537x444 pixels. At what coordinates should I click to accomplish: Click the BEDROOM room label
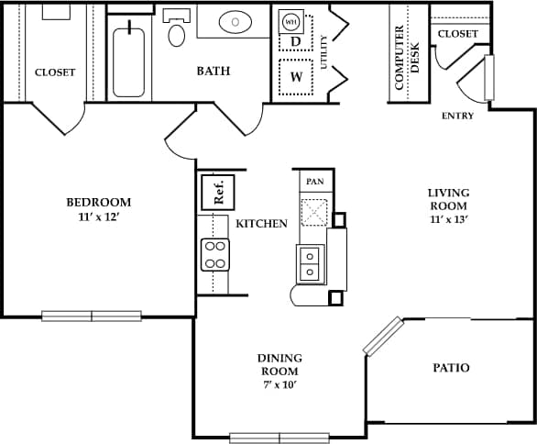pyautogui.click(x=98, y=202)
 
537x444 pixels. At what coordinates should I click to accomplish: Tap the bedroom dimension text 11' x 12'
pyautogui.click(x=98, y=217)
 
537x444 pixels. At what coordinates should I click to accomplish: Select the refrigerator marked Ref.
pyautogui.click(x=219, y=193)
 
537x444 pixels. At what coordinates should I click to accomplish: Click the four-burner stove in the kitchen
pyautogui.click(x=214, y=255)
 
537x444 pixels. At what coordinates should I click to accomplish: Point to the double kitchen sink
pyautogui.click(x=311, y=263)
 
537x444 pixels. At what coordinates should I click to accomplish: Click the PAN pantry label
pyautogui.click(x=314, y=182)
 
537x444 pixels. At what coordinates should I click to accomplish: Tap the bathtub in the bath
pyautogui.click(x=128, y=61)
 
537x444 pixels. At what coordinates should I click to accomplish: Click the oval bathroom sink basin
pyautogui.click(x=237, y=21)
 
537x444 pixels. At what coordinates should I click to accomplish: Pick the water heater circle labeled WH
pyautogui.click(x=290, y=21)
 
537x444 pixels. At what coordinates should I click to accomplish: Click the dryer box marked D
pyautogui.click(x=295, y=41)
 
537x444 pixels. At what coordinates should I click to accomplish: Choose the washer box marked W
pyautogui.click(x=295, y=77)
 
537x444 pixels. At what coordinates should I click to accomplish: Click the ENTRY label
pyautogui.click(x=457, y=116)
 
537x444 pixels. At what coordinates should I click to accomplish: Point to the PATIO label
pyautogui.click(x=451, y=368)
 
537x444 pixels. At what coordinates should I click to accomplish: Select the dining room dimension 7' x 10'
pyautogui.click(x=279, y=385)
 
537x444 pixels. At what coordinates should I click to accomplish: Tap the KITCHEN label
pyautogui.click(x=262, y=223)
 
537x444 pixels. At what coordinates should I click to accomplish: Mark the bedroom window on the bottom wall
pyautogui.click(x=92, y=316)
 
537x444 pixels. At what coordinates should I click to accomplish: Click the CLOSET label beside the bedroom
pyautogui.click(x=54, y=72)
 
